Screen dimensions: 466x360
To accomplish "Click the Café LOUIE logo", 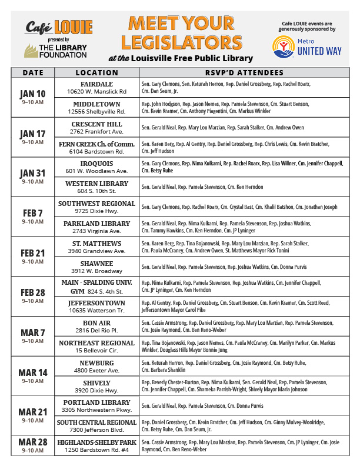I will tap(59, 27).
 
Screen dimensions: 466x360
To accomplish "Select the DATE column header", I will tap(32, 73).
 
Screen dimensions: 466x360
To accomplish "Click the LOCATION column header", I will tap(96, 73).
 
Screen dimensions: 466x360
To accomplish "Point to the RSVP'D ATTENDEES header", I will tap(244, 73).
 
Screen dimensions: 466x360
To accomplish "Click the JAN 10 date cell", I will tap(32, 94).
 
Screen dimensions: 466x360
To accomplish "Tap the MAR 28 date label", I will tap(32, 443).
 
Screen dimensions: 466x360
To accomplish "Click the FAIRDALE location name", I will tap(96, 84).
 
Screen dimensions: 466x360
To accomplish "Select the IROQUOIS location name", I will tap(96, 164).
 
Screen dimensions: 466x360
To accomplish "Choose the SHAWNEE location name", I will tap(96, 264).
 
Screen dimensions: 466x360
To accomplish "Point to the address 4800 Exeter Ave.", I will tap(96, 371).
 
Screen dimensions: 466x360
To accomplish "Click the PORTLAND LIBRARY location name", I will tap(96, 402).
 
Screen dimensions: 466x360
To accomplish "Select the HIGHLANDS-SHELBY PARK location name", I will tap(96, 442).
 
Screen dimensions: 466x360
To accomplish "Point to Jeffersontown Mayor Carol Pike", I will tap(171, 309).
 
